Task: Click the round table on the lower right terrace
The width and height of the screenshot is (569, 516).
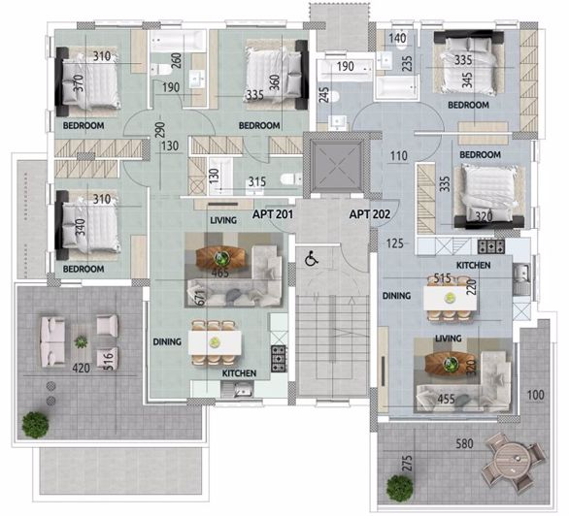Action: point(512,457)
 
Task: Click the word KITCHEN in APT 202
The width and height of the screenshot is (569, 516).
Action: point(474,266)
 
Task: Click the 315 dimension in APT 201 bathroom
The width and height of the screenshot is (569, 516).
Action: point(256,181)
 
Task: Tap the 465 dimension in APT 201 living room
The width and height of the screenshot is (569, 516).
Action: point(220,274)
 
